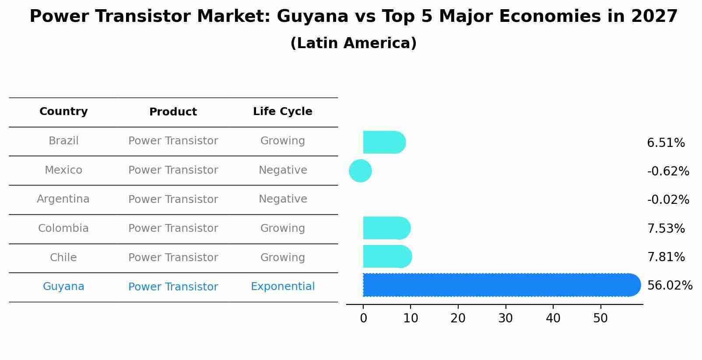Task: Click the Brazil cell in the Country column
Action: coord(63,141)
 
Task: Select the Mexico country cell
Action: coord(63,170)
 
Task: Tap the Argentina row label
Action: coord(63,199)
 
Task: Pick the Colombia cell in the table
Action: coord(63,228)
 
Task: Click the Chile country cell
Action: coord(63,258)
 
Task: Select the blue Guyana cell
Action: coord(63,287)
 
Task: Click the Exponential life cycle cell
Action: coord(283,287)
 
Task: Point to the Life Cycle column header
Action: coord(283,112)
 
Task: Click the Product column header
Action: coord(173,112)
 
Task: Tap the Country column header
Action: coord(63,112)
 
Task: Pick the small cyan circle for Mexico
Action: coord(360,171)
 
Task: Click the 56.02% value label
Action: coord(670,286)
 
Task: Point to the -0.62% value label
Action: coord(668,171)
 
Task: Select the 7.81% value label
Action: coord(666,257)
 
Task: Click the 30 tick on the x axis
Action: coord(505,318)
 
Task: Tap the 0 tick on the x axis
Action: coord(363,318)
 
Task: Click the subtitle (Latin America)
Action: coord(353,43)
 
